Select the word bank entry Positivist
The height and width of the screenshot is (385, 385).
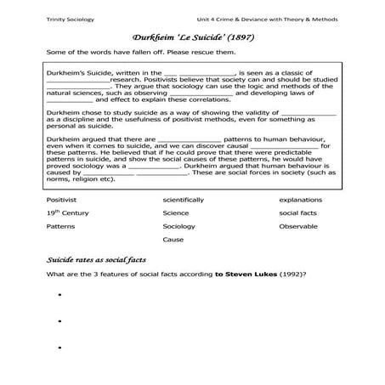coord(62,200)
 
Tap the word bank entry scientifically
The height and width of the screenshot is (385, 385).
coord(183,200)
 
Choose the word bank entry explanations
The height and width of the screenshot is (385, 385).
coord(300,200)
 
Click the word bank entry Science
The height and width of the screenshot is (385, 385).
coord(176,213)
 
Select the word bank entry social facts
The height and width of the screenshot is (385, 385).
coord(297,213)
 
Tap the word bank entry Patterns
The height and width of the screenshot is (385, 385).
coord(61,227)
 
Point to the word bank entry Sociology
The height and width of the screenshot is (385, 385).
coord(178,227)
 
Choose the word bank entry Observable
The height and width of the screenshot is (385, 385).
coord(298,227)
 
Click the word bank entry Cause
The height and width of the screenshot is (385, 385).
coord(173,240)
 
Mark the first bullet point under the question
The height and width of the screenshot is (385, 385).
coord(60,296)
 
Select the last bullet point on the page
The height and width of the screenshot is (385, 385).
coord(60,348)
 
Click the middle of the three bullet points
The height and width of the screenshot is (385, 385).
coord(60,322)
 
